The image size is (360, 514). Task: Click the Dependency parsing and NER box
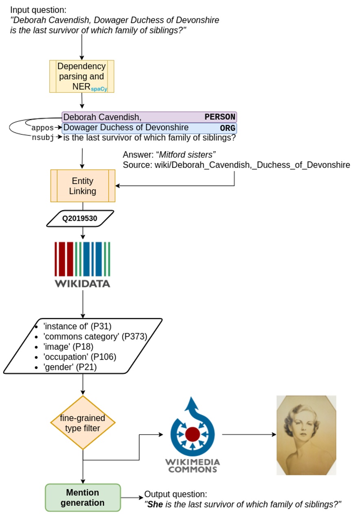(x=81, y=77)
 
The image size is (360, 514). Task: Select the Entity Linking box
(x=83, y=186)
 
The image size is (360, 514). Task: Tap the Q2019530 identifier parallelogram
(x=80, y=218)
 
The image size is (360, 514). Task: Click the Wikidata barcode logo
(x=82, y=264)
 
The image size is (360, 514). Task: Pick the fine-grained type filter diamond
(x=83, y=422)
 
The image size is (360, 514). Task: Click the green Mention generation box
(x=83, y=497)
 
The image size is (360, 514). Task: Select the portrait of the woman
(x=306, y=435)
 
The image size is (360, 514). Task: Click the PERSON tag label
(x=220, y=117)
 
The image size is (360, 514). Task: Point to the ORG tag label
(x=228, y=128)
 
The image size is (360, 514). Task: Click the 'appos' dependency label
(x=42, y=128)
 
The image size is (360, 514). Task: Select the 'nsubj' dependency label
(x=42, y=138)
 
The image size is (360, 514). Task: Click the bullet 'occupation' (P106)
(x=80, y=357)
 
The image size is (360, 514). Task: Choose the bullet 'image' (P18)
(x=68, y=347)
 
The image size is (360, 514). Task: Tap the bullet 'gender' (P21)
(x=70, y=367)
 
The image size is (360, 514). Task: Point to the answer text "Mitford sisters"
(x=187, y=154)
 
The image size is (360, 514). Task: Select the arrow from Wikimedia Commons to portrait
(x=249, y=435)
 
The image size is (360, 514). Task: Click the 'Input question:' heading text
(x=38, y=10)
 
